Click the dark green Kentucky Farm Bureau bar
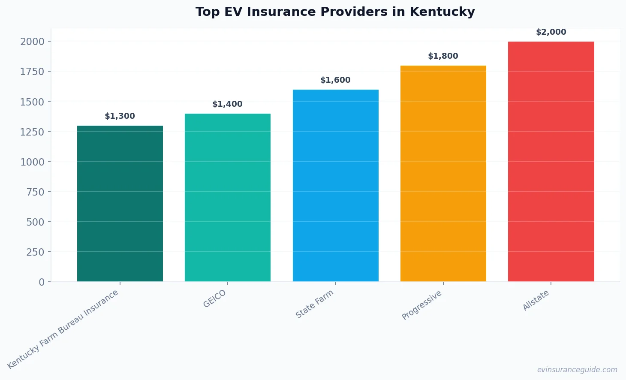point(120,204)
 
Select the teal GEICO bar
point(228,198)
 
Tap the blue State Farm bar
point(335,186)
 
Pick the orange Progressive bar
point(443,174)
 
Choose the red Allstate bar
point(551,162)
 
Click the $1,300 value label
point(120,116)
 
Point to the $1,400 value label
point(228,104)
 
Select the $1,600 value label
point(335,80)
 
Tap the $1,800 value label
point(443,56)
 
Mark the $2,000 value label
point(551,32)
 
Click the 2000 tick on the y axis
point(32,42)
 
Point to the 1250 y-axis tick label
point(32,132)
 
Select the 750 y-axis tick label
point(35,192)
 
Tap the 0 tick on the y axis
point(42,282)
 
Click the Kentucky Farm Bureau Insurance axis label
point(63,329)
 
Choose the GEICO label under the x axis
point(214,299)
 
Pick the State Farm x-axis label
point(314,304)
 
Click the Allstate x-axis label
point(536,300)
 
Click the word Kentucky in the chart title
point(442,12)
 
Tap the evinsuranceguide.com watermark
point(577,370)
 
